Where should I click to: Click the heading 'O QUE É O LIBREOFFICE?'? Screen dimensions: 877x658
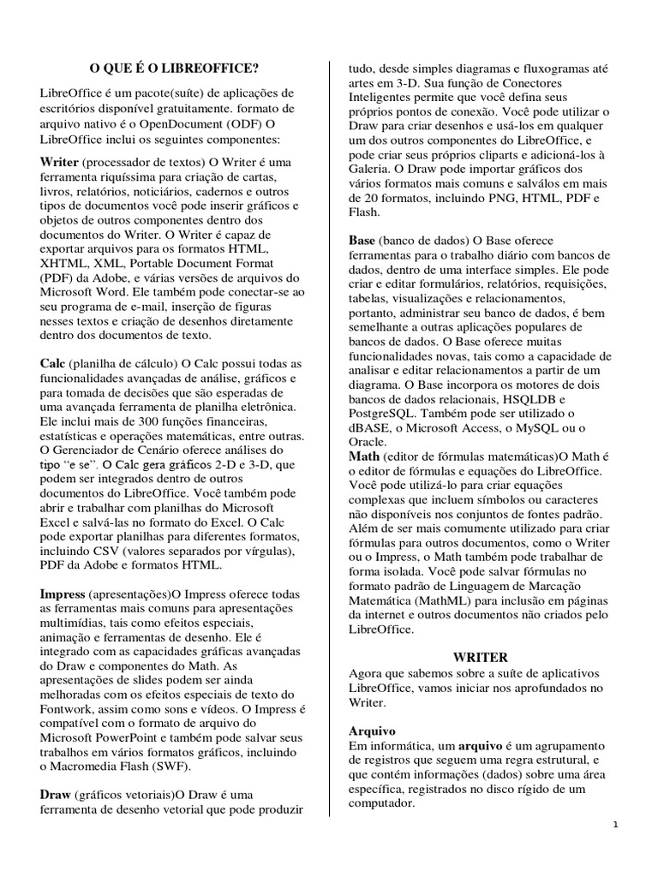click(x=174, y=68)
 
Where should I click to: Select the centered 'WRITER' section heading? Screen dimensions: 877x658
click(x=480, y=658)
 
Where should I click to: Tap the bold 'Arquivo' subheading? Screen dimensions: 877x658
click(x=373, y=731)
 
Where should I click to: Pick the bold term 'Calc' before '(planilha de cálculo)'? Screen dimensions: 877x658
click(x=53, y=363)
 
